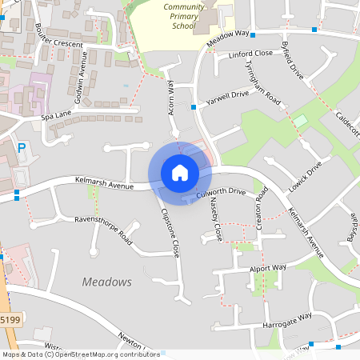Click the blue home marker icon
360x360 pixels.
pos(179,173)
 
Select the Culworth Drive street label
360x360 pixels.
pos(220,193)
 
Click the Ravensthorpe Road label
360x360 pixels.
pos(102,229)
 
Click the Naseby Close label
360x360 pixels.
pos(215,220)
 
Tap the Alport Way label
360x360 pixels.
pos(267,268)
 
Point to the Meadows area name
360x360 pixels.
pos(106,282)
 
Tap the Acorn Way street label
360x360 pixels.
pos(171,97)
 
